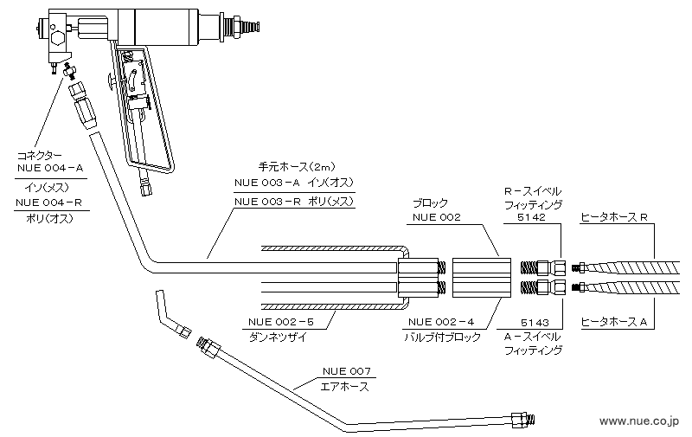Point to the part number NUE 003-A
(x=266, y=183)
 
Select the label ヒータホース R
(x=614, y=217)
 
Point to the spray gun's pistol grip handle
(x=147, y=112)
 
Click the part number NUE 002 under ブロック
(x=437, y=217)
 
